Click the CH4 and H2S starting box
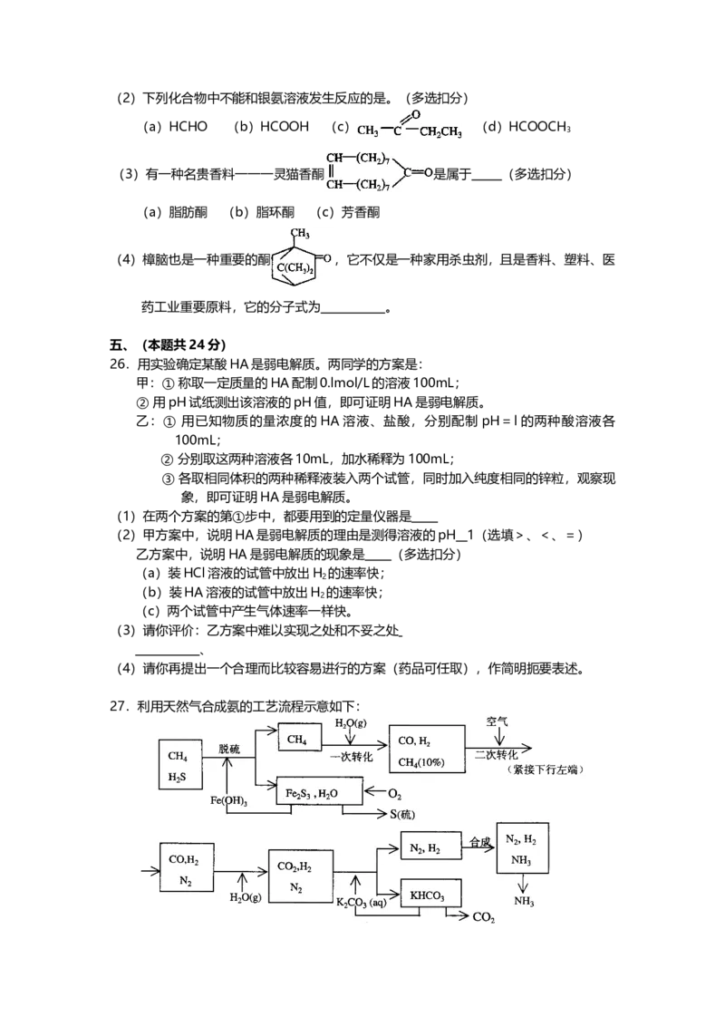179,765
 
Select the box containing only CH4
300,740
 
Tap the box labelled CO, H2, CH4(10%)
426,750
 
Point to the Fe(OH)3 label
229,801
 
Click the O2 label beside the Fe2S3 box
394,793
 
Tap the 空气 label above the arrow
498,722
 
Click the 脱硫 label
230,749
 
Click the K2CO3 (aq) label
362,903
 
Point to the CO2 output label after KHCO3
484,918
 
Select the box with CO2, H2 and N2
300,874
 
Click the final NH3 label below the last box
524,901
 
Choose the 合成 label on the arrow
479,842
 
